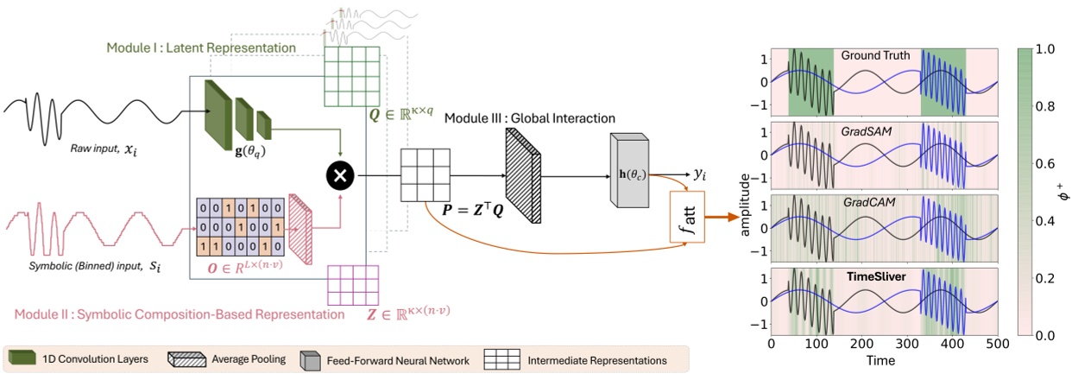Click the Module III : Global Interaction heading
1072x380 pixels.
[x=529, y=117]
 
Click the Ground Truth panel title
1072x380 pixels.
[x=874, y=56]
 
